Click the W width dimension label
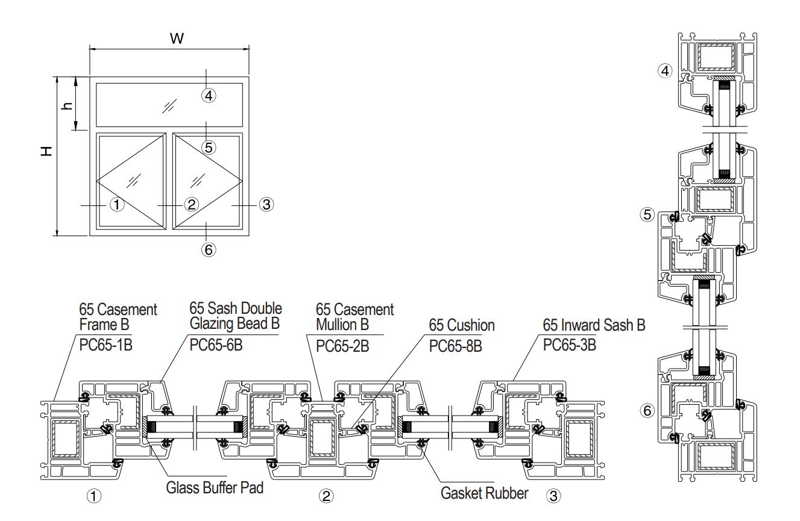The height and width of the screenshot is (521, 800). [176, 39]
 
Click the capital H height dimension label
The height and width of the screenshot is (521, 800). [46, 152]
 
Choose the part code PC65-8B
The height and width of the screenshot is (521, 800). [456, 348]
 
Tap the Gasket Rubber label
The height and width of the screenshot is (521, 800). [485, 493]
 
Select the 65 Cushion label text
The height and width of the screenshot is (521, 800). [462, 326]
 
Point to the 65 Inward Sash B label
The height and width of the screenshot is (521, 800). [594, 326]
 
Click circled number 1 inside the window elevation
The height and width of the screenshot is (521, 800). [117, 205]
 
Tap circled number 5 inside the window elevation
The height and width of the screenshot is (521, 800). [208, 146]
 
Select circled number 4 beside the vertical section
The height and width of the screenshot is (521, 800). [665, 71]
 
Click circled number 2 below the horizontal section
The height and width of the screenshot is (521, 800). [326, 496]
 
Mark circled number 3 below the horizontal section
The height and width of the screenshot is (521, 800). [553, 496]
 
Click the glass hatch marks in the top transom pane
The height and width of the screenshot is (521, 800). [169, 106]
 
